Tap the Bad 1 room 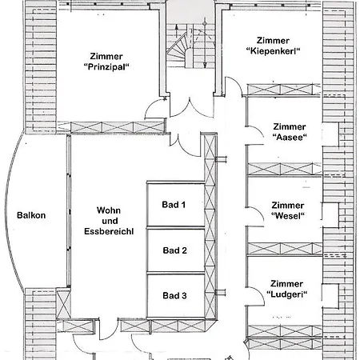coord(174,205)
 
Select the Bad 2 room coord(174,250)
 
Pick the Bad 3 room coord(174,296)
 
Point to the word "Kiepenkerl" coord(273,52)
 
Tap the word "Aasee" coord(289,138)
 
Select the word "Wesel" coord(289,216)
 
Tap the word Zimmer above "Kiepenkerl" coord(273,40)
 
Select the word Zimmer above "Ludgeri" coord(287,284)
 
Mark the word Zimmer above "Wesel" coord(288,205)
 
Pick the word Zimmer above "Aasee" coord(289,126)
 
